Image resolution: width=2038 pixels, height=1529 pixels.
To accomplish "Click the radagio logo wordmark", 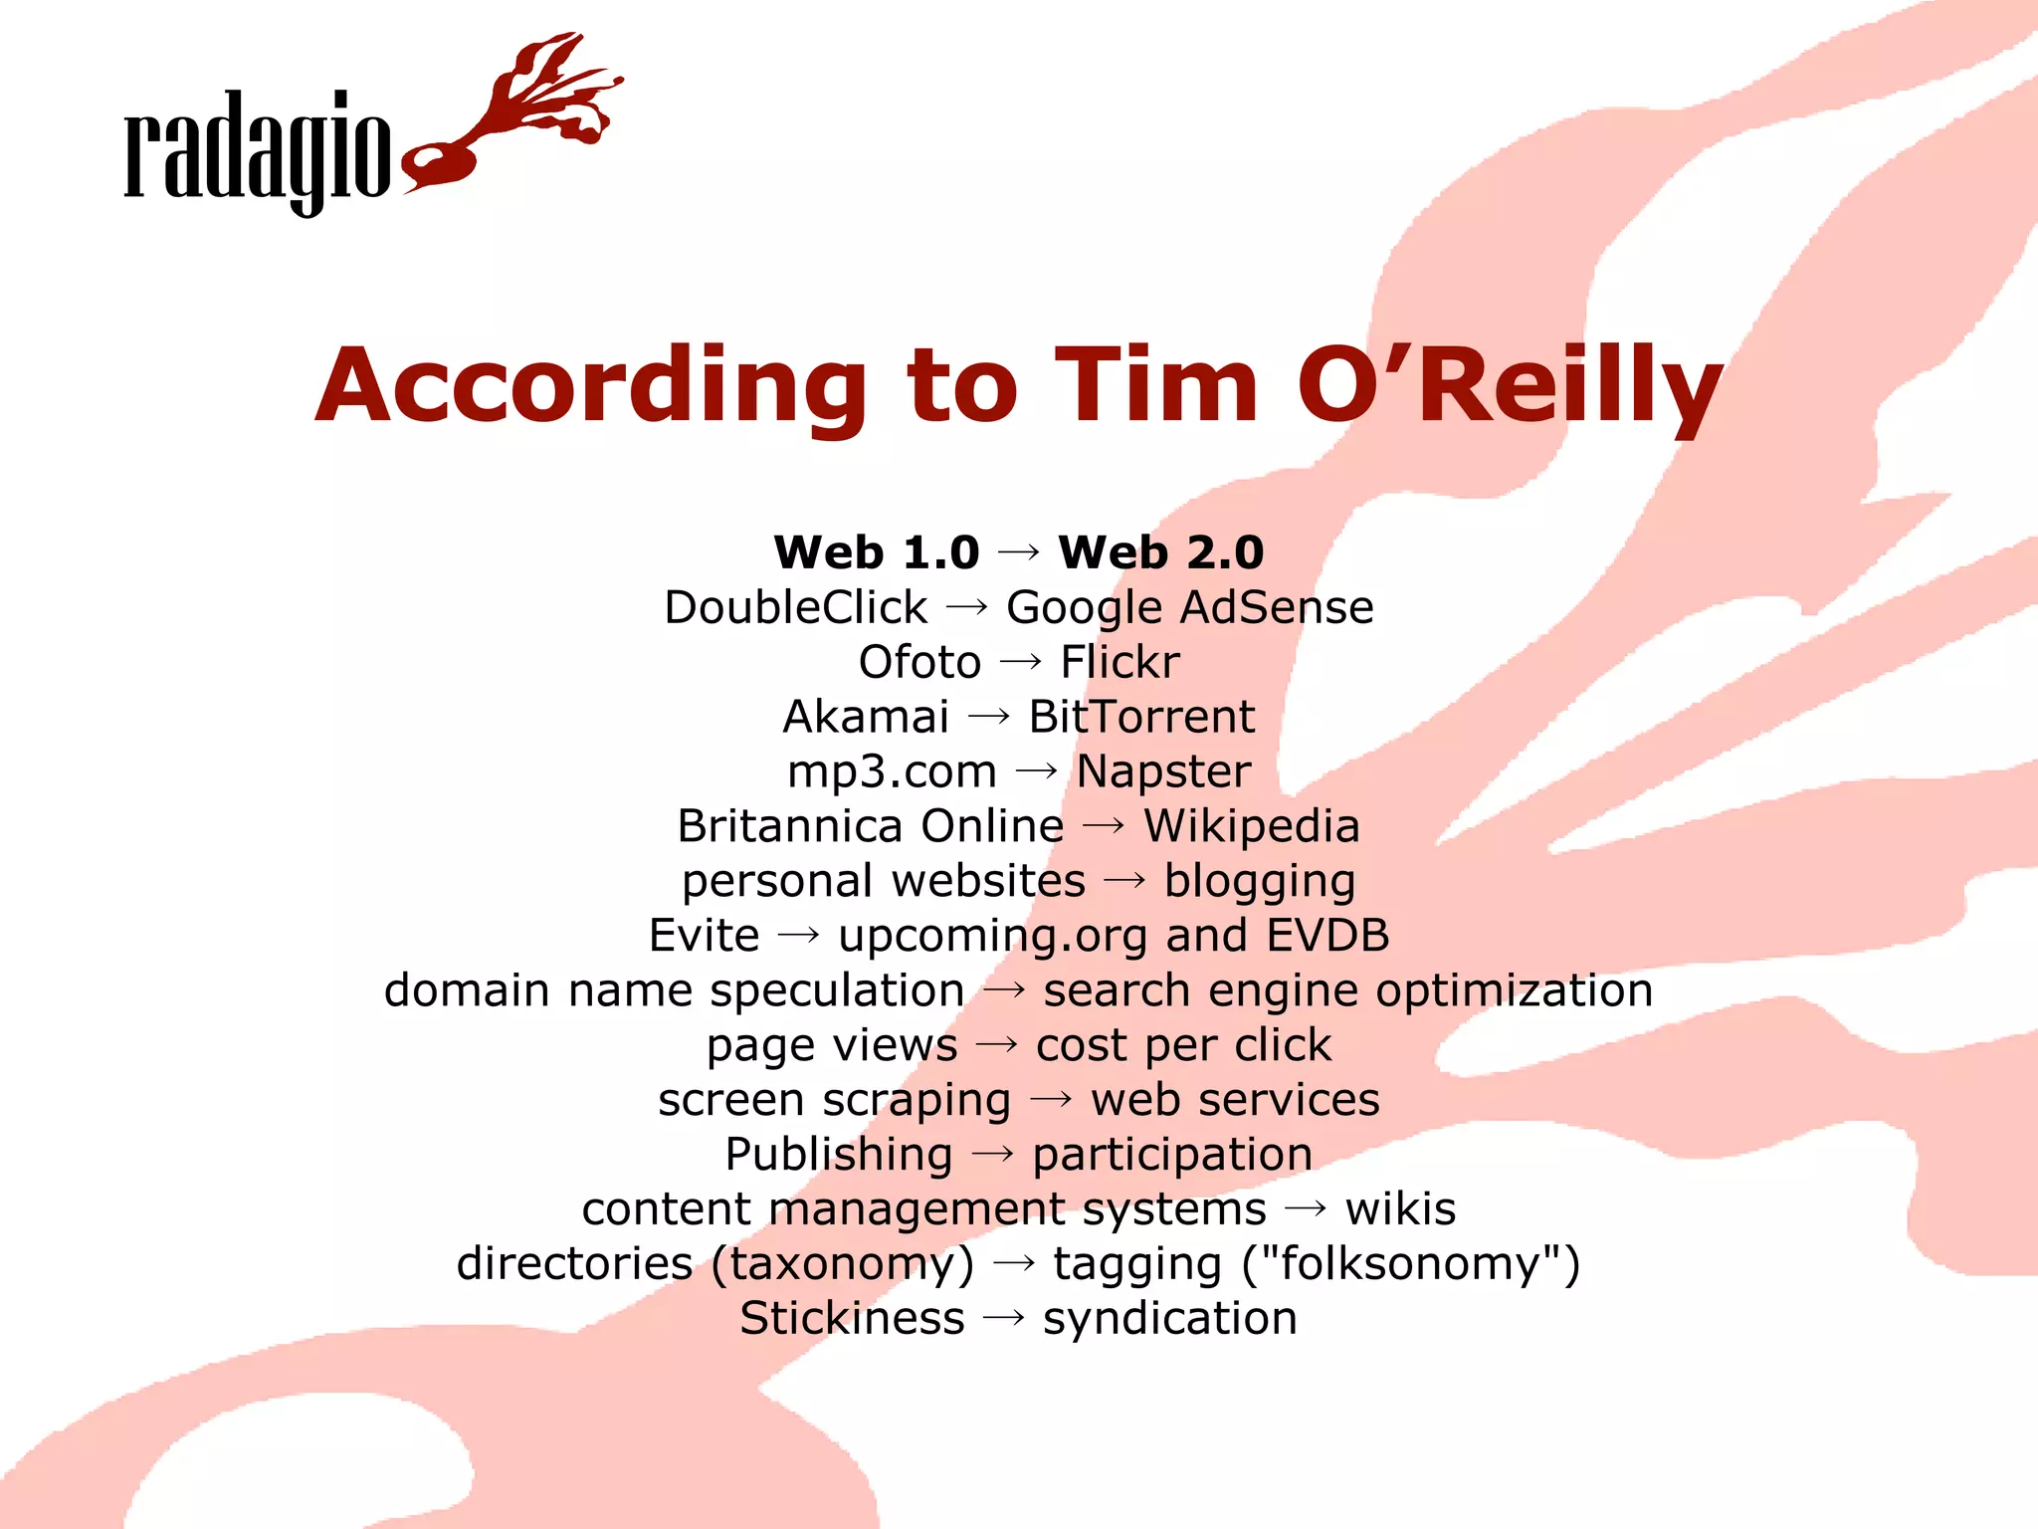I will [x=257, y=149].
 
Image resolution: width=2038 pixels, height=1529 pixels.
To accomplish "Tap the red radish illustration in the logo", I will [x=517, y=114].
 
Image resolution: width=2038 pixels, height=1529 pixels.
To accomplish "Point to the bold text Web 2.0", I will [x=1160, y=552].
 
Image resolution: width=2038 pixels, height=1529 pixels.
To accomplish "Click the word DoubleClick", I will [x=795, y=607].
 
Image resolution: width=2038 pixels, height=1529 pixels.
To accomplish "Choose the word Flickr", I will [x=1120, y=662].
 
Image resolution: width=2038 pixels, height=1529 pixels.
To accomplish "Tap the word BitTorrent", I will [x=1141, y=717].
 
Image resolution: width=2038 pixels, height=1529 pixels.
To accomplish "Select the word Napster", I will [x=1163, y=771].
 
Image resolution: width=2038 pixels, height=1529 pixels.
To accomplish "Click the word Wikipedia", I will [x=1251, y=826].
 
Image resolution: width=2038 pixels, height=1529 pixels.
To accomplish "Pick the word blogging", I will [x=1260, y=881].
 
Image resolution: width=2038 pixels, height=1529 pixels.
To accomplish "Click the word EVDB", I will [x=1327, y=936].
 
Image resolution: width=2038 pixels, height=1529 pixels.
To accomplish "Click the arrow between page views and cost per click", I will [x=997, y=1044].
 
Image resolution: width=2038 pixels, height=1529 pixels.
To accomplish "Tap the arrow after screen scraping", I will [x=1051, y=1099].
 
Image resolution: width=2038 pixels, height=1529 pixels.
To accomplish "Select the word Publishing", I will [x=839, y=1155].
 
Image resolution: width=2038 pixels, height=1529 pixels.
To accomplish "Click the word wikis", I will [x=1400, y=1209].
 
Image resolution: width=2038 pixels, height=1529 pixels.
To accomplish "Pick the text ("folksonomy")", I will [x=1411, y=1264].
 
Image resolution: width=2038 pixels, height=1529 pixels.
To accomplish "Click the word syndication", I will [x=1169, y=1319].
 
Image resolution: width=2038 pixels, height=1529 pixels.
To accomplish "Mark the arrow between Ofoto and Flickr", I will [x=1021, y=661].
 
